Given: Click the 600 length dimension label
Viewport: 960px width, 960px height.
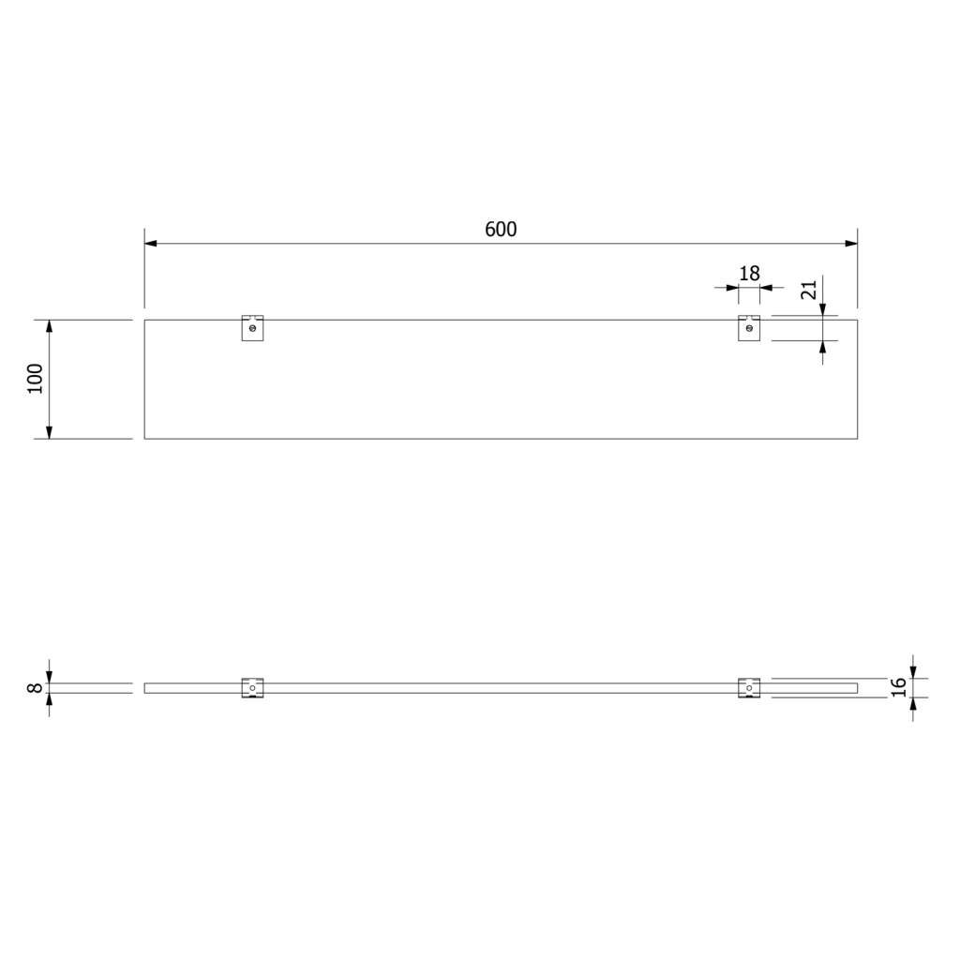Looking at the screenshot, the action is coord(501,229).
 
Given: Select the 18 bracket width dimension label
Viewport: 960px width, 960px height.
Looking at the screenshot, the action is coord(749,273).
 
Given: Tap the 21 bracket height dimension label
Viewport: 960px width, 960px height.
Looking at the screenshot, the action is coord(809,290).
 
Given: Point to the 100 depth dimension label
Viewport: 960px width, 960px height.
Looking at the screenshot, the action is coord(36,379).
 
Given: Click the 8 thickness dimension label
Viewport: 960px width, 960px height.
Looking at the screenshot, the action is coord(36,688).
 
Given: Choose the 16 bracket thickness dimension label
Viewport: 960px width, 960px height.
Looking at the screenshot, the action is coord(898,687).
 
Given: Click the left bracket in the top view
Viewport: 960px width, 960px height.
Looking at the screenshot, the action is coord(252,328).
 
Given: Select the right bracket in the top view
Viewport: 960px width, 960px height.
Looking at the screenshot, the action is coord(749,328).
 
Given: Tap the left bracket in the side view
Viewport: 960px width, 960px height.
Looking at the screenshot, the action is coord(252,688).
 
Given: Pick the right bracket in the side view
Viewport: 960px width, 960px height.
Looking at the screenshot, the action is coord(749,688).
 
